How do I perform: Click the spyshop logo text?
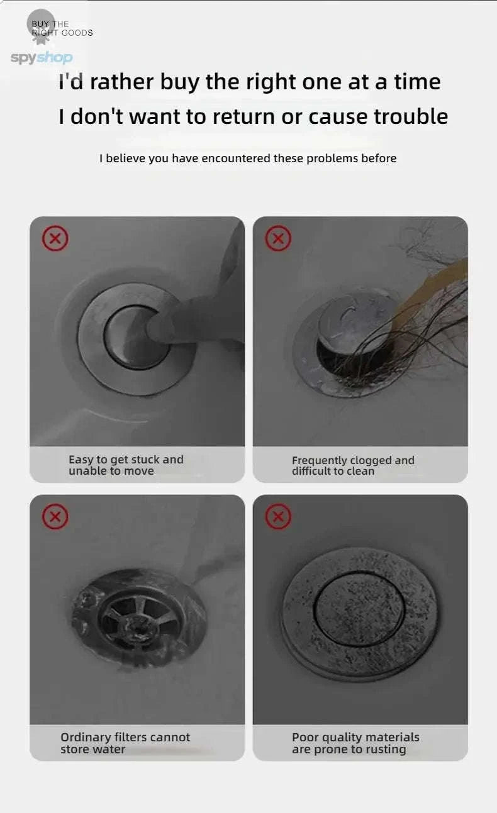[x=42, y=58]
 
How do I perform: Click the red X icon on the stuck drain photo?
[x=55, y=239]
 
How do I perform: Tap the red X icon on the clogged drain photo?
[x=278, y=239]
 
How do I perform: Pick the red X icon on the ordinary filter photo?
[x=55, y=517]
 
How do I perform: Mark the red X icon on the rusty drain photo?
[x=278, y=517]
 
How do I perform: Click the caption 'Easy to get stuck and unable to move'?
[x=126, y=465]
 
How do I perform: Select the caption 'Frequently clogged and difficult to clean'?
[x=353, y=466]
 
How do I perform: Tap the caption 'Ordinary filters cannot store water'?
[x=125, y=743]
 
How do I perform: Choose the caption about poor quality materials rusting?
[x=355, y=743]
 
